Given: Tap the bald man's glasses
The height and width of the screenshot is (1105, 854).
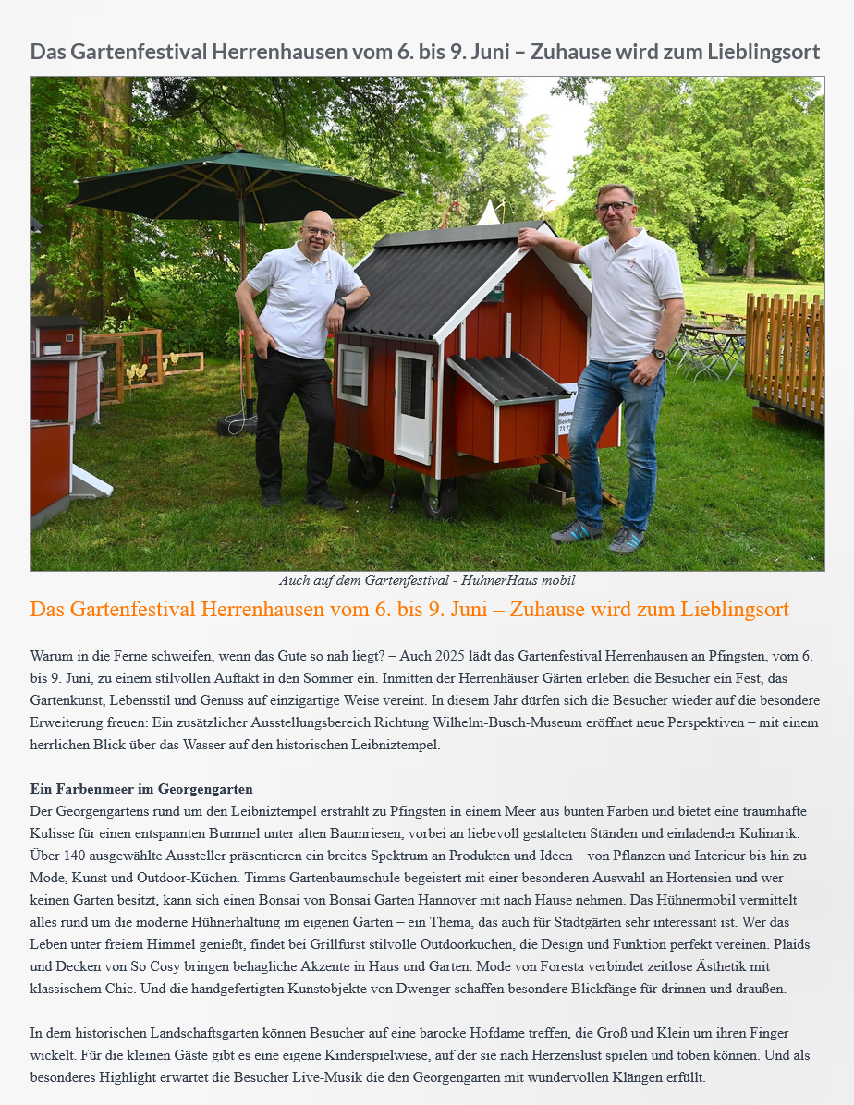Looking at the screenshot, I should coord(318,231).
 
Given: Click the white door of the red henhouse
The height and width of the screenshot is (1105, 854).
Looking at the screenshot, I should coord(413,407).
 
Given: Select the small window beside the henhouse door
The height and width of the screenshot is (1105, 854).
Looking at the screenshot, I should coord(352,374).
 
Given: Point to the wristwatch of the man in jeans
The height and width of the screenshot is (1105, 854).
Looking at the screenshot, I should coord(658,355).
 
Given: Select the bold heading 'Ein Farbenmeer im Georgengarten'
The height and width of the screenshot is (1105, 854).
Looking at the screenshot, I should coord(141,789).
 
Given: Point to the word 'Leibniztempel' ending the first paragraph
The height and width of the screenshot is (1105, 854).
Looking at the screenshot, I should coord(398,745).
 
